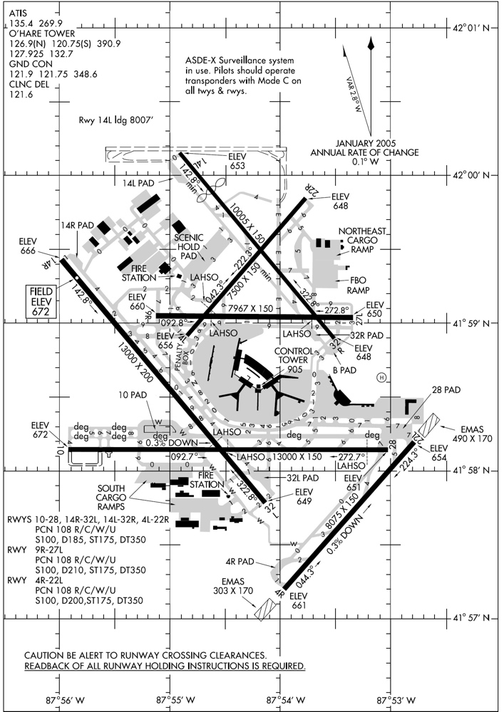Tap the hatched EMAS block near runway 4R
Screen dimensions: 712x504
(265, 608)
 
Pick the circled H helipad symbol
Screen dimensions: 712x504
(381, 377)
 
